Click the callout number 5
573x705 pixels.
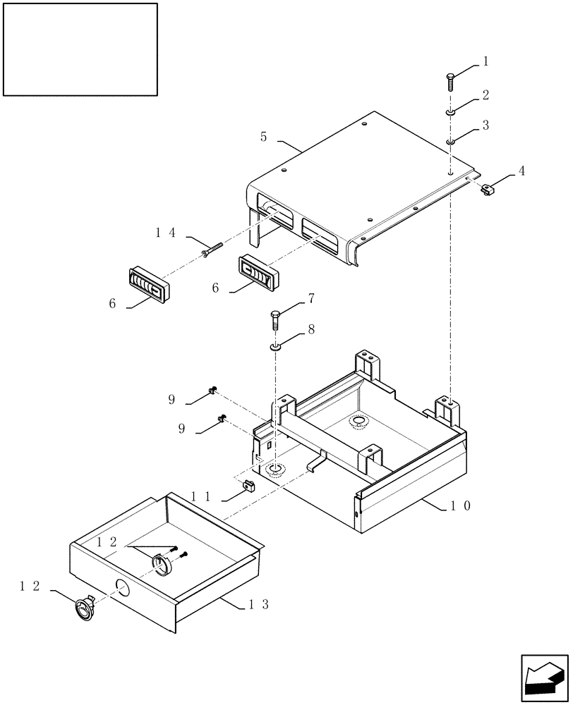click(x=264, y=136)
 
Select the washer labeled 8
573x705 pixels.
click(x=276, y=346)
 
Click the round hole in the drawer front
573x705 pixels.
click(x=122, y=588)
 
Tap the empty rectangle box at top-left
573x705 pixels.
click(x=80, y=49)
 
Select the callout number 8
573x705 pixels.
click(x=310, y=329)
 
